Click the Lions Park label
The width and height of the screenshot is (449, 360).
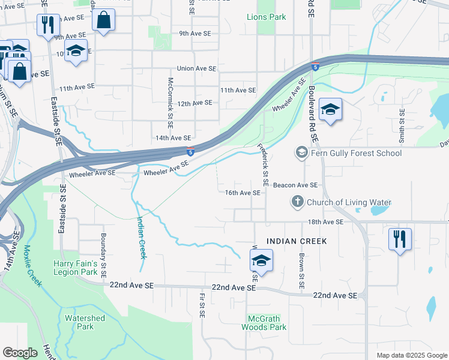pos(267,17)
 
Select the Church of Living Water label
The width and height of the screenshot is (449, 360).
pos(349,202)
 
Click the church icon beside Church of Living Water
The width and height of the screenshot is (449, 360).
pos(298,202)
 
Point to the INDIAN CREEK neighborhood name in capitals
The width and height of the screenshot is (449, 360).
pos(297,241)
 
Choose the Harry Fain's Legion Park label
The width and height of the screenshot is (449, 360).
pos(75,268)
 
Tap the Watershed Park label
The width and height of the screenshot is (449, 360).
pos(85,322)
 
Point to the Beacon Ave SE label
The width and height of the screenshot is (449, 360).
pos(295,186)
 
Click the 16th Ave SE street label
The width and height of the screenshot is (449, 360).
pos(243,193)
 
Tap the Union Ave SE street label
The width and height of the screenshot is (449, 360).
pos(196,69)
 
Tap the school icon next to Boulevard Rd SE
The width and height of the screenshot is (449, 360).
pos(330,110)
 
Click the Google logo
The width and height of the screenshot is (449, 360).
pos(20,353)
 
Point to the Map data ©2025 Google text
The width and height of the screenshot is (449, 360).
pos(411,355)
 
